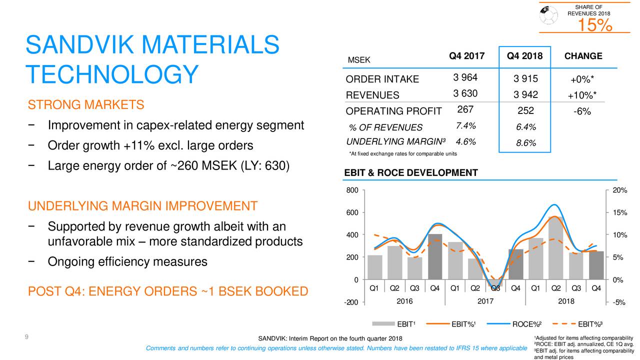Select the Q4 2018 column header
[524, 56]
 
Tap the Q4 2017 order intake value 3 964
[465, 77]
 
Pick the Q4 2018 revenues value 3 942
[525, 95]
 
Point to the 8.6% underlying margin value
[525, 143]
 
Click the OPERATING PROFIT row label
[393, 111]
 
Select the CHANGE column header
[583, 56]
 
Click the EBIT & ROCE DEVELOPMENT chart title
[411, 173]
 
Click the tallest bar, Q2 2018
[555, 248]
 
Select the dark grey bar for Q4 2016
[435, 256]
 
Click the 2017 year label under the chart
[485, 301]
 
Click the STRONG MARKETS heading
[86, 105]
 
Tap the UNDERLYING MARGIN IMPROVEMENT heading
[142, 206]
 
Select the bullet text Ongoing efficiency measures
[127, 261]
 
